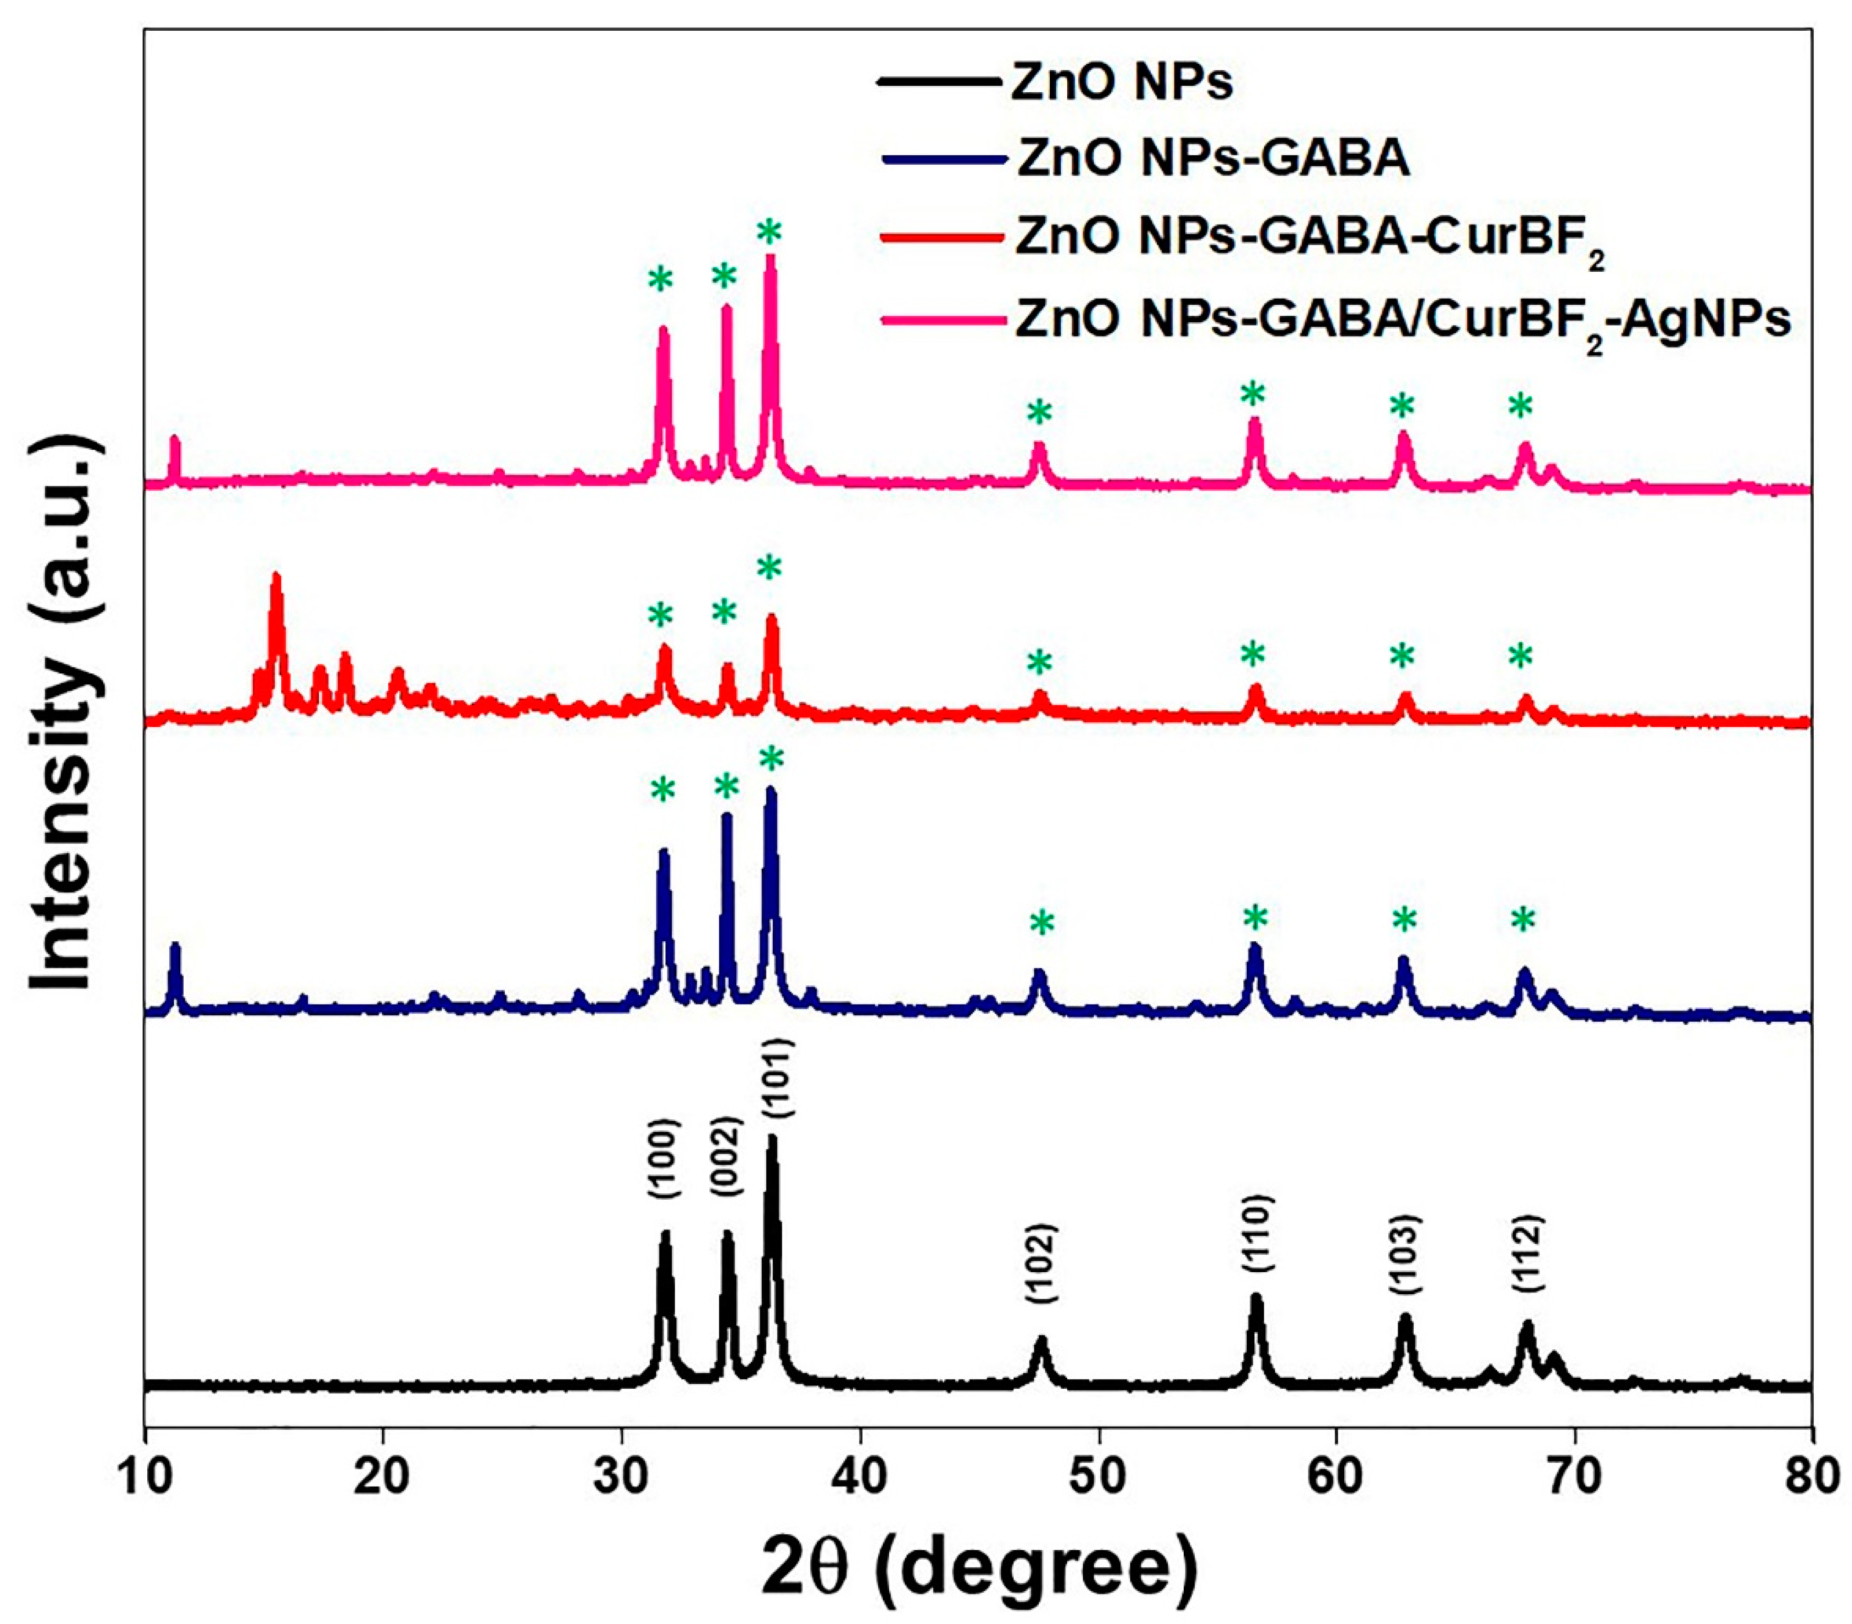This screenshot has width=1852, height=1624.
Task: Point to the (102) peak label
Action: [x=1040, y=1265]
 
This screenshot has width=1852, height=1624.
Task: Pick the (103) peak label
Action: [x=1405, y=1254]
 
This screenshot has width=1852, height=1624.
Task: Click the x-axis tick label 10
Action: [x=145, y=1476]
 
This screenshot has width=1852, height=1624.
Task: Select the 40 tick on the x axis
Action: [x=859, y=1476]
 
